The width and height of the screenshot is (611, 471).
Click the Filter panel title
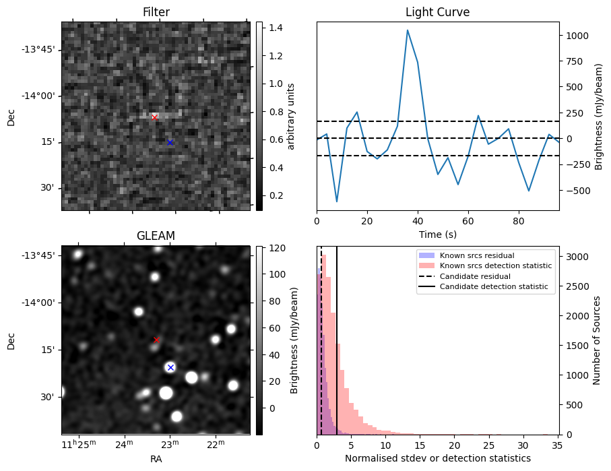coord(156,12)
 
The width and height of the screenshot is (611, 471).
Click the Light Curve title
coord(437,12)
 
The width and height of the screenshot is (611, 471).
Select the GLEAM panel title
coord(156,236)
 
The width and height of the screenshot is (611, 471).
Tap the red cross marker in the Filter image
coord(154,117)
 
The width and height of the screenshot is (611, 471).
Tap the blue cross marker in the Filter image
coord(170,142)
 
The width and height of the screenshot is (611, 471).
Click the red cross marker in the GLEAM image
coord(157,340)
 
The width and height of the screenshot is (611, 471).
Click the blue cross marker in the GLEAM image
coord(170,367)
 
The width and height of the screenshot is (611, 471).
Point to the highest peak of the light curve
coord(408,30)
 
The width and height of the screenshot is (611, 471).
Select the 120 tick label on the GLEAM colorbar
coord(276,248)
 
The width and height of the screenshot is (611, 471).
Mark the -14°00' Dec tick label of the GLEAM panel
coord(40,303)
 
